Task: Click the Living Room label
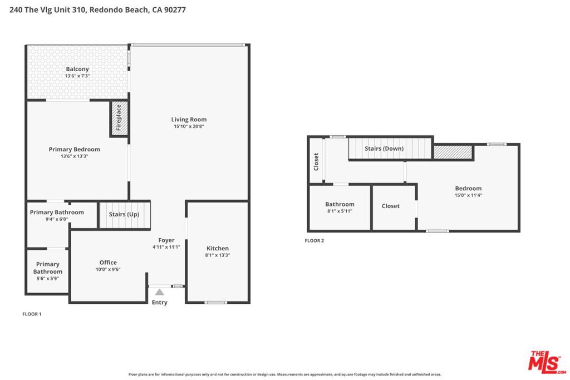189,120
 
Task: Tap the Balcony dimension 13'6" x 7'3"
77,76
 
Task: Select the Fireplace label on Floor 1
119,118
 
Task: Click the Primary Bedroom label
74,149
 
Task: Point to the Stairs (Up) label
124,214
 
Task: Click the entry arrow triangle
159,292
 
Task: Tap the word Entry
160,302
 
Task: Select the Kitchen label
218,249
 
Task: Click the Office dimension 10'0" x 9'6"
108,269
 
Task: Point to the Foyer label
166,240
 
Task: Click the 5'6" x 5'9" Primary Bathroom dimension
48,279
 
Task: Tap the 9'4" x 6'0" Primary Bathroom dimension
57,219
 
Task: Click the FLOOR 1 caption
32,314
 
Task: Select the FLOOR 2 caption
315,240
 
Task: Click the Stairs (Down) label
384,149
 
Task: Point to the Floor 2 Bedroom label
468,189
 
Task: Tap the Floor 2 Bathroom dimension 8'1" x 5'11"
340,211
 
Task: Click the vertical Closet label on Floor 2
316,162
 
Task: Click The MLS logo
547,362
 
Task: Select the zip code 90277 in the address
175,10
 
